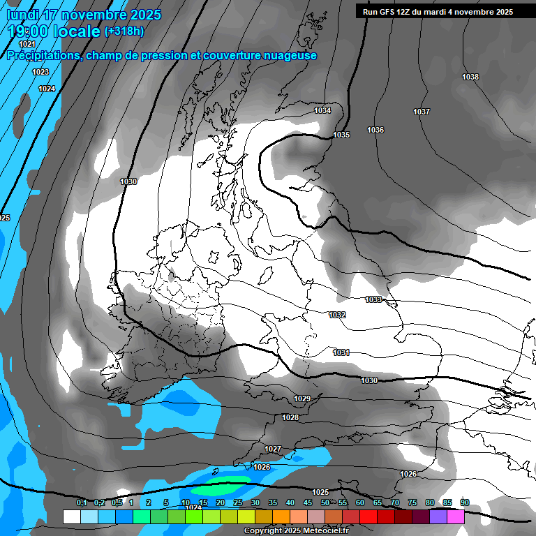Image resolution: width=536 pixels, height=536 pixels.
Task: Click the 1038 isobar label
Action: pos(470,77)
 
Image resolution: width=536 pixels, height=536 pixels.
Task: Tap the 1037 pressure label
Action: pos(422,112)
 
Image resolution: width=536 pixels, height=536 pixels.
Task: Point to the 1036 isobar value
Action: pos(375,130)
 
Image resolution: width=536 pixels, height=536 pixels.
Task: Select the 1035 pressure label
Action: pos(341,135)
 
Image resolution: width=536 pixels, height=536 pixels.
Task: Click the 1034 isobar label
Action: pos(322,110)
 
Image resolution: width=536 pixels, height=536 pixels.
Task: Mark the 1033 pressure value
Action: pos(373,299)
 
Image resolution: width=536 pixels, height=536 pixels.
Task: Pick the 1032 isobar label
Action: pos(337,315)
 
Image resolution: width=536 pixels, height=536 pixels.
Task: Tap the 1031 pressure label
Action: pos(341,352)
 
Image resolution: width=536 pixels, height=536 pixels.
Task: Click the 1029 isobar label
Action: pos(302,399)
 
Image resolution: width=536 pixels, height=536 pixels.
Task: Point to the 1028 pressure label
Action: pos(290,417)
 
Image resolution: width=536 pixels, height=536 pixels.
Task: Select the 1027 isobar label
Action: pos(273,448)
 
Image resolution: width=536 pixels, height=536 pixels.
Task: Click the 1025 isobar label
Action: pos(320,492)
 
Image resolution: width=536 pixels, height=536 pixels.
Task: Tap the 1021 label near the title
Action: pos(27,44)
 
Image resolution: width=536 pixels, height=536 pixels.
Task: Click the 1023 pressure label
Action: pos(40,72)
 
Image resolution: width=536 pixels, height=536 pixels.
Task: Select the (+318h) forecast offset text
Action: pos(124,31)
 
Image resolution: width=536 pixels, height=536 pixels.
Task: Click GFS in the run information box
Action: pos(390,12)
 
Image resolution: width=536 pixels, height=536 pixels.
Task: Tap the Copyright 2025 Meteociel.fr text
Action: pos(295,530)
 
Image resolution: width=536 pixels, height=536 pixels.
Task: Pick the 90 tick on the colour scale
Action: pos(465,502)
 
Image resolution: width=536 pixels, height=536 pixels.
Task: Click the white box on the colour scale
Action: pos(71,516)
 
